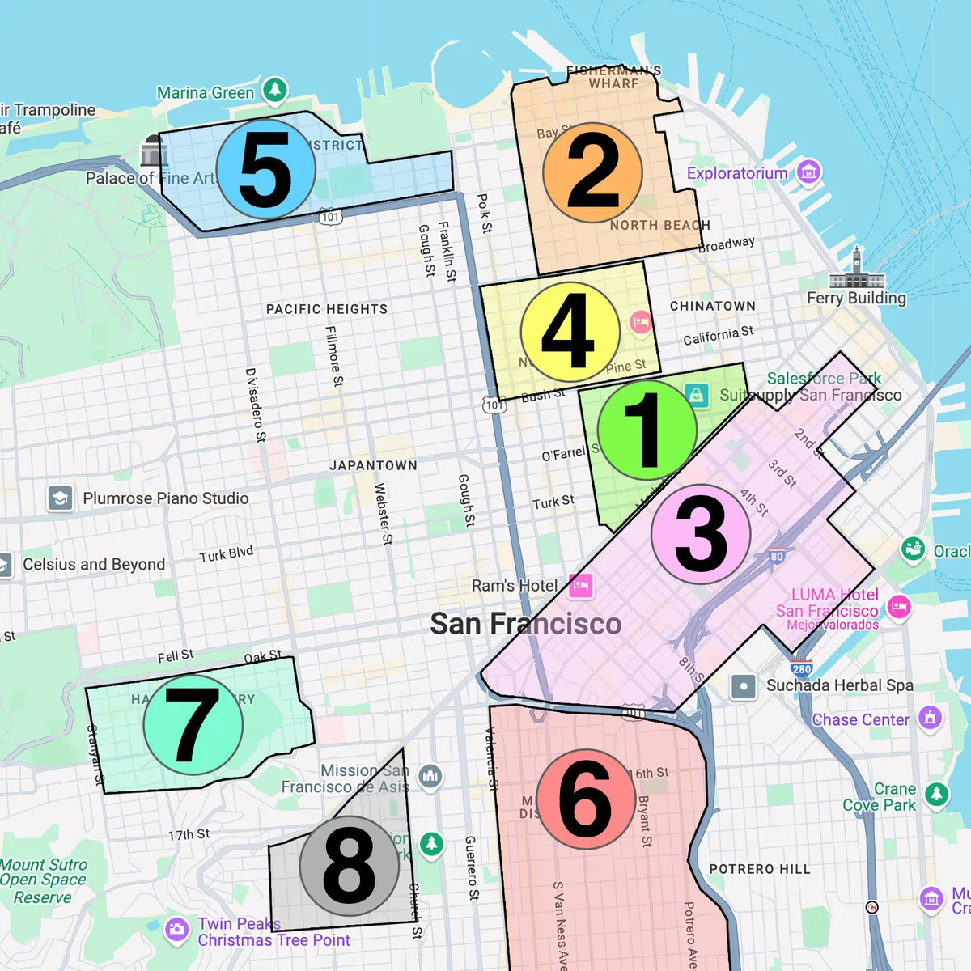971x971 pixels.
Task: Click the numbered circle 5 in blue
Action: [265, 169]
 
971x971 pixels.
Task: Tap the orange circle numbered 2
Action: [593, 172]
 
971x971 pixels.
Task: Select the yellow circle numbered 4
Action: [570, 332]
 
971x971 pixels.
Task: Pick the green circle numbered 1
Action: [647, 430]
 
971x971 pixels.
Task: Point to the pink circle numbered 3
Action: [701, 534]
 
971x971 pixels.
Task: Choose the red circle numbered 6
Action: [585, 799]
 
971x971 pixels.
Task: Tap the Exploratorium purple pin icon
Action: [808, 172]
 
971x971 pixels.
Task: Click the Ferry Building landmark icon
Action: [856, 269]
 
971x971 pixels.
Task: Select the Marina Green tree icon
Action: [275, 90]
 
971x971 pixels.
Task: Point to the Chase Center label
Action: [860, 719]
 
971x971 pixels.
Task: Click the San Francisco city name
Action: [526, 624]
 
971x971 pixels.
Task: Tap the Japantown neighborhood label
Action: [373, 465]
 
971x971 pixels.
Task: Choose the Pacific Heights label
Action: [327, 309]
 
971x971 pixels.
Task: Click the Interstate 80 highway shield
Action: [777, 556]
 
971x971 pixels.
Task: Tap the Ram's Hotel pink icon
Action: [581, 585]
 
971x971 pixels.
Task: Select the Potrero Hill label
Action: [759, 869]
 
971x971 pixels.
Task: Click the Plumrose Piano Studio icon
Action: [60, 498]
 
